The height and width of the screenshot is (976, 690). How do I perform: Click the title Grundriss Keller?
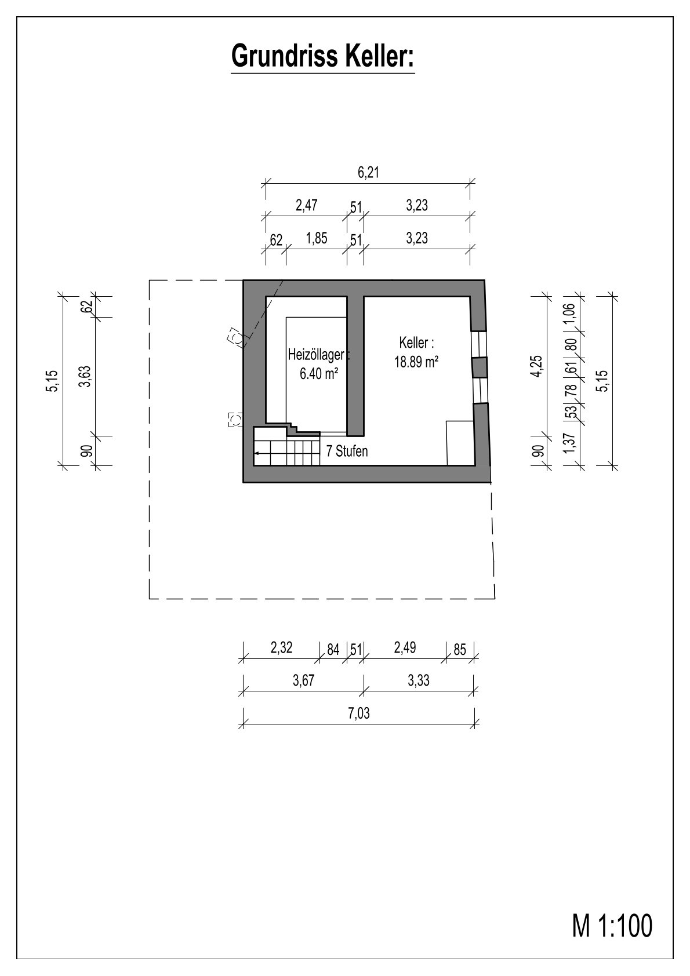coord(322,56)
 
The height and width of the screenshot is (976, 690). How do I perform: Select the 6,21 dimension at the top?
coord(368,173)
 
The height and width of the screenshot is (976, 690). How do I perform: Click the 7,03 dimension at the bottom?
coord(359,713)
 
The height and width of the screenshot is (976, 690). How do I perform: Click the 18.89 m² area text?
coord(416,362)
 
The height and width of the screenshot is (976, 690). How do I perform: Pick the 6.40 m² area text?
coord(319,373)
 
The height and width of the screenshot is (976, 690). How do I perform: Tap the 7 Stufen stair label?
coord(347,451)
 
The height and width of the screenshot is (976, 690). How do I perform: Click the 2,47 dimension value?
coord(306,205)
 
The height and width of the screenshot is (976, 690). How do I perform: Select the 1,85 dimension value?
coord(317,238)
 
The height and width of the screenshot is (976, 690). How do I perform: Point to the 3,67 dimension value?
coord(303,680)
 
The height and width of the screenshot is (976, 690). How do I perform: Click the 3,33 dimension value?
coord(419,680)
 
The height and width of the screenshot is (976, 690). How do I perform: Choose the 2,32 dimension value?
coord(281,648)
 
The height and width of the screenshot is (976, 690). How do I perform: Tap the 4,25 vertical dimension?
coord(538,366)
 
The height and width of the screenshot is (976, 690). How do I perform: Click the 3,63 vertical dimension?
coord(85,377)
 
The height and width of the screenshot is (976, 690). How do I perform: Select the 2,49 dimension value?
coord(405,648)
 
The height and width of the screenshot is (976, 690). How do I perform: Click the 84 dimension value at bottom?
coord(333,650)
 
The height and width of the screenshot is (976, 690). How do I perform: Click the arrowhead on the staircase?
coord(256,454)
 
